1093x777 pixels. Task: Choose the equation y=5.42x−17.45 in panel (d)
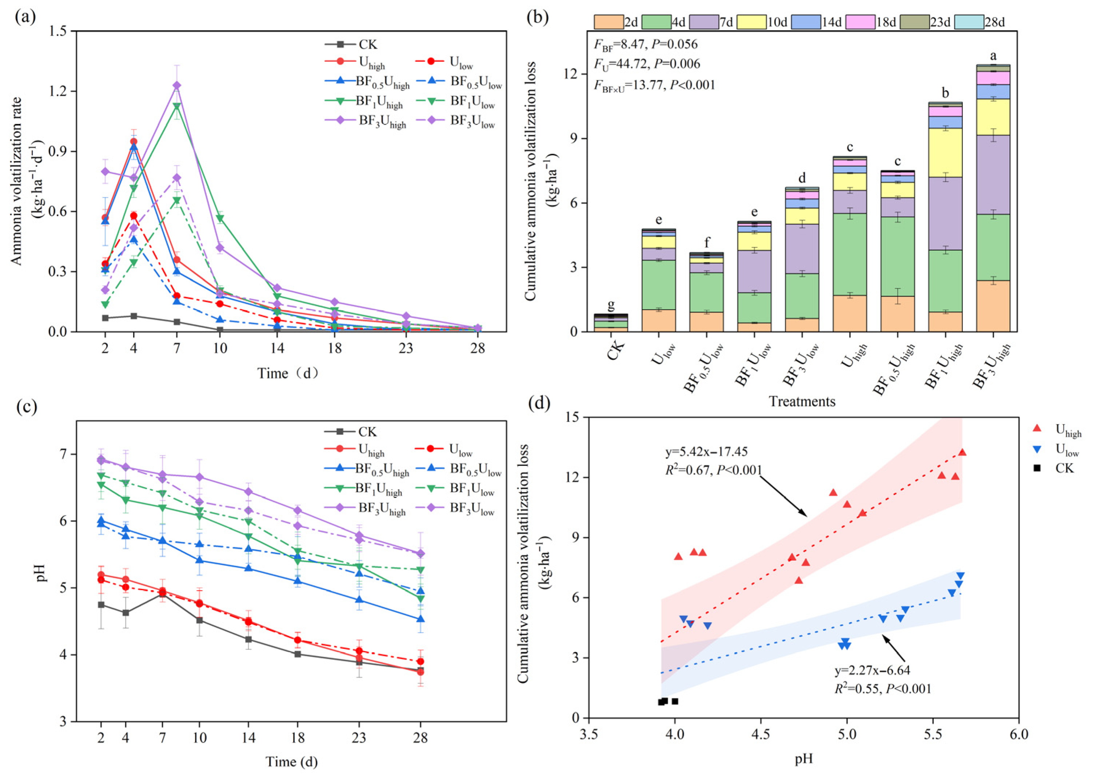pyautogui.click(x=706, y=452)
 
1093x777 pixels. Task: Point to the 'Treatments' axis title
pyautogui.click(x=802, y=401)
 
